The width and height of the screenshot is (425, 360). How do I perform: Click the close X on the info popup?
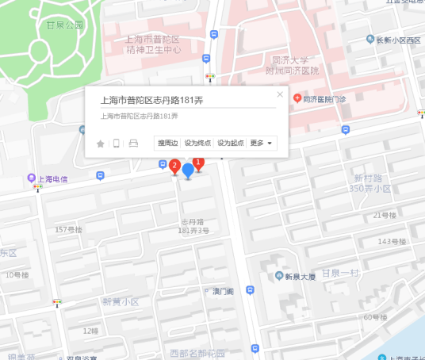point(280,95)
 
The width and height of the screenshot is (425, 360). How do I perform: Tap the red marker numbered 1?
point(199,163)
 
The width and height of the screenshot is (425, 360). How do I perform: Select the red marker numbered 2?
point(174,167)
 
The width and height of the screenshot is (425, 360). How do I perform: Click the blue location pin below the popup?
point(188,170)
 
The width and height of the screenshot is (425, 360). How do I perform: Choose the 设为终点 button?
point(197,143)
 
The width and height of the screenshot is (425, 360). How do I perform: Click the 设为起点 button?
point(231,143)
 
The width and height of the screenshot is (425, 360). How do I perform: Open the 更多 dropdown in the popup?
point(262,143)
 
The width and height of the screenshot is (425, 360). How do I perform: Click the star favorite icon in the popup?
point(100,144)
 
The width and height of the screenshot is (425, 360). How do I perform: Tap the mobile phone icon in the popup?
point(117,144)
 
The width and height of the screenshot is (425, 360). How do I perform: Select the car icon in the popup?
point(133,144)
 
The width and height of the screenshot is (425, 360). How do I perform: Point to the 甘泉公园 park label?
point(65,25)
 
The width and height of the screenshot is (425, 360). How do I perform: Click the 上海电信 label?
point(52,179)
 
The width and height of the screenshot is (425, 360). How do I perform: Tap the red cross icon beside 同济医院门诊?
point(297,98)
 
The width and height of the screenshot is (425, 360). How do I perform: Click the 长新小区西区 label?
point(398,40)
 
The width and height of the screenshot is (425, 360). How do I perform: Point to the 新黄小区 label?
point(121,301)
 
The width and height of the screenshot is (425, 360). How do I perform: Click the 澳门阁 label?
point(223,291)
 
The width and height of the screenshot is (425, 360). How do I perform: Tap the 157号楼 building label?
point(69,229)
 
